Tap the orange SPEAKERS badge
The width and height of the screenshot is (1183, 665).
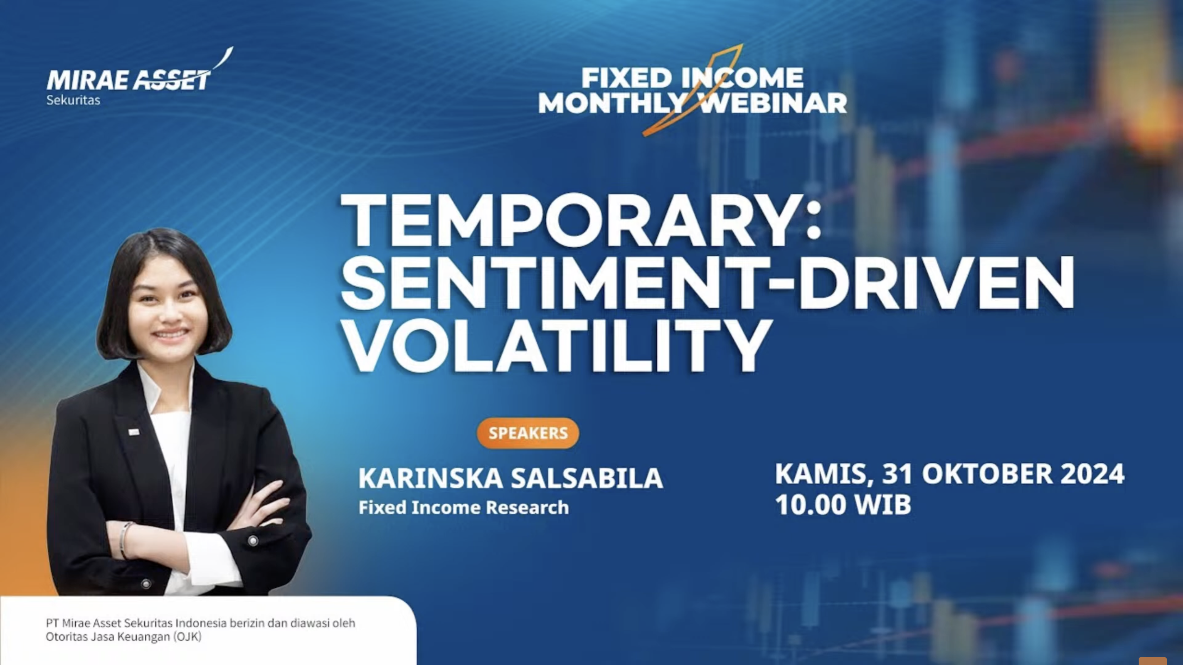click(528, 433)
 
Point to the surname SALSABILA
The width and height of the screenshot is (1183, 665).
click(587, 478)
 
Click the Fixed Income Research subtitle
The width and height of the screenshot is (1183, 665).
click(463, 507)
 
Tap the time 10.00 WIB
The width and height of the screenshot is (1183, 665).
click(843, 504)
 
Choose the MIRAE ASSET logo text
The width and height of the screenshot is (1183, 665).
click(128, 80)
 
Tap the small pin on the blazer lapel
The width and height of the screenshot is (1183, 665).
click(134, 431)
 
